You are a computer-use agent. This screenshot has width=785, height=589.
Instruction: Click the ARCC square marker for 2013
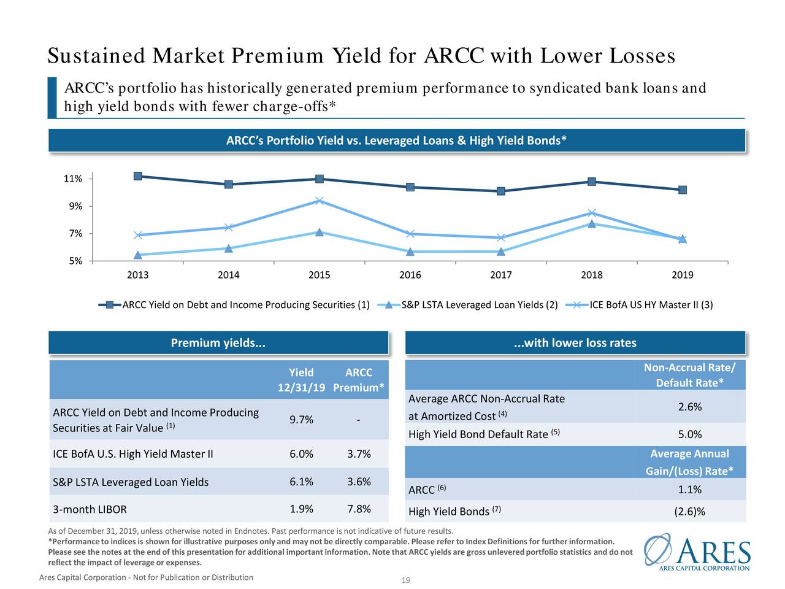(x=138, y=176)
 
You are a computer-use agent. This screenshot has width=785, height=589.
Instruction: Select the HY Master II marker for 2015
(x=320, y=201)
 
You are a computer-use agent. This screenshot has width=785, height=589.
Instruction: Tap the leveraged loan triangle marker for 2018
(x=592, y=224)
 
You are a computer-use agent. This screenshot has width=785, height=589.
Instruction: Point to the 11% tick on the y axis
(x=73, y=179)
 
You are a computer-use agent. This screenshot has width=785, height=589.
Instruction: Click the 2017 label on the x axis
(x=501, y=275)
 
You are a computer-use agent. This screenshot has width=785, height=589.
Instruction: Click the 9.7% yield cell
(x=301, y=420)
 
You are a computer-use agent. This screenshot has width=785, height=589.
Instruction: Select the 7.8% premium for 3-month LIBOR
(x=359, y=509)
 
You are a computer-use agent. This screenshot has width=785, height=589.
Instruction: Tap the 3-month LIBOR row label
(x=90, y=509)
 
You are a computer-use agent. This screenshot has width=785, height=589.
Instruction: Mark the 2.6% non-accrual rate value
(x=690, y=407)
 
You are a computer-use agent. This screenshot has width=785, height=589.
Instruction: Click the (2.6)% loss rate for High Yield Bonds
(x=690, y=512)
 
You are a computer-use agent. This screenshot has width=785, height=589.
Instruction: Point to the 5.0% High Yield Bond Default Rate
(x=690, y=434)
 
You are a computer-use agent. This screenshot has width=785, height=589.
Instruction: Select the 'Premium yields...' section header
(x=218, y=343)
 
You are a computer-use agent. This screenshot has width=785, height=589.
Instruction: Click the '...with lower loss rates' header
(x=575, y=343)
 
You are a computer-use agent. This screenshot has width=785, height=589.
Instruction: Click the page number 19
(x=405, y=581)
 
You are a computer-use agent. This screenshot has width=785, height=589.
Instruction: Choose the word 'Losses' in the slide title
(x=642, y=56)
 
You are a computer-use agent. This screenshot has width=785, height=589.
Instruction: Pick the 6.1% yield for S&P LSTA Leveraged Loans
(x=301, y=482)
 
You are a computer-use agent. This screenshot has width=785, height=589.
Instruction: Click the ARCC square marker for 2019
(x=683, y=190)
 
